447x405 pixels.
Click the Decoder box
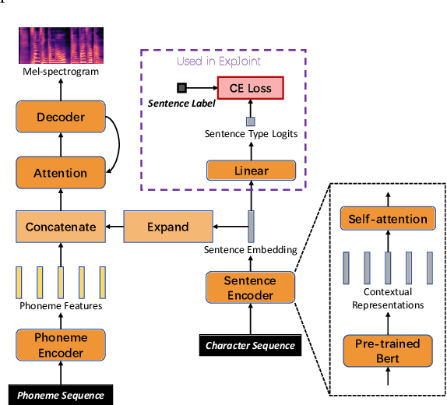click(59, 118)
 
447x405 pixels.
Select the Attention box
click(59, 173)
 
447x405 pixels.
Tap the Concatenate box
click(60, 227)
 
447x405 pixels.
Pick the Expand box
click(167, 227)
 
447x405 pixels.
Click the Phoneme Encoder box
click(59, 346)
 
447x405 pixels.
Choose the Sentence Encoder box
click(251, 287)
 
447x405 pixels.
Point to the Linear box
click(251, 171)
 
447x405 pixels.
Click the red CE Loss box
click(251, 88)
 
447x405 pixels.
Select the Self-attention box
click(387, 220)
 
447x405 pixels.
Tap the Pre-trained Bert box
click(387, 350)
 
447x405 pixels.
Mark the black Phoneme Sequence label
click(59, 395)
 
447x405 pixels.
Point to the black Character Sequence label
click(250, 345)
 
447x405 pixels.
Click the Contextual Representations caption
click(387, 298)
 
